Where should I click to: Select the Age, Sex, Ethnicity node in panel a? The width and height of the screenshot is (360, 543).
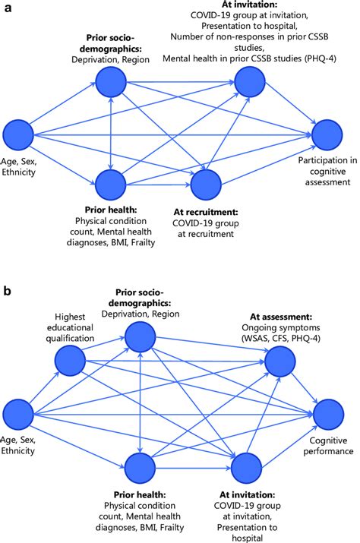click(x=18, y=134)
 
